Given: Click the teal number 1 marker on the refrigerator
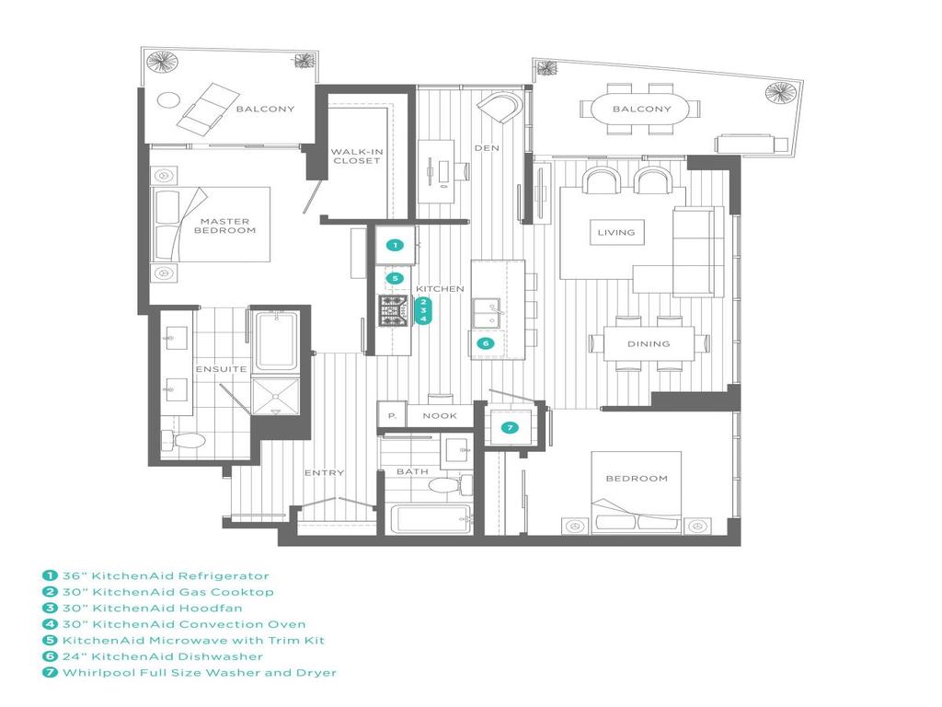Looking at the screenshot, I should click(x=394, y=245).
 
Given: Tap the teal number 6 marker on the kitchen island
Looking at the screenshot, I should click(x=485, y=343).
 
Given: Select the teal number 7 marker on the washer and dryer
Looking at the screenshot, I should click(x=509, y=427).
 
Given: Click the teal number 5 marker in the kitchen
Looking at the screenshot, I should click(x=394, y=278).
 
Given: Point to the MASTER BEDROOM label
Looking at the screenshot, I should click(x=224, y=226).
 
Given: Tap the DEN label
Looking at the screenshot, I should click(x=486, y=148).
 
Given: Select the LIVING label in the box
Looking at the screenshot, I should click(x=616, y=232).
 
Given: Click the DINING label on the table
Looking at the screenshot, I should click(x=649, y=344).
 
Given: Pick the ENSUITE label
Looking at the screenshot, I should click(x=221, y=369).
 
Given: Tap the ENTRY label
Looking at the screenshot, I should click(x=324, y=473).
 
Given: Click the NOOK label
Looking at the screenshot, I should click(x=440, y=416).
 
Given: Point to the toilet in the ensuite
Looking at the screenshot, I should click(x=188, y=442).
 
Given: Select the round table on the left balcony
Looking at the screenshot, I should click(x=169, y=99).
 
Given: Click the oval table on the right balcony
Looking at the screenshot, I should click(x=643, y=110).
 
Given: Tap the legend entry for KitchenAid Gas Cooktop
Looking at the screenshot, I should click(x=167, y=592).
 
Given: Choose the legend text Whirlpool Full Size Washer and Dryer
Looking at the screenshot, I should click(x=199, y=673).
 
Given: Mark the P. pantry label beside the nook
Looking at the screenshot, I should click(x=391, y=416).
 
